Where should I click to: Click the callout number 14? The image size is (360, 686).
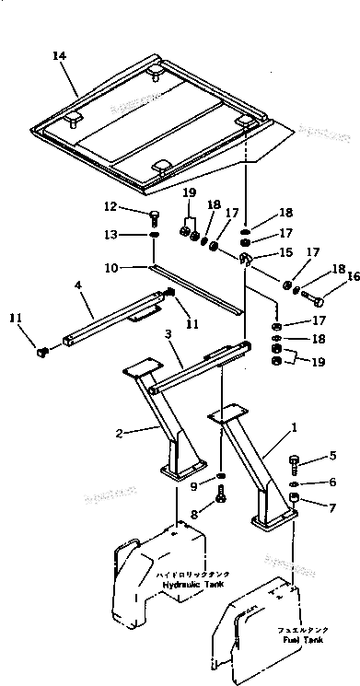pos(60,57)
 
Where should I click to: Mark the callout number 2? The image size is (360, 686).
pos(120,431)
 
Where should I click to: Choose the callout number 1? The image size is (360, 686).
pos(293,427)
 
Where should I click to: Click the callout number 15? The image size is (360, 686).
pos(287,251)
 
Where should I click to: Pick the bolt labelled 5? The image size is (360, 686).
pos(293,461)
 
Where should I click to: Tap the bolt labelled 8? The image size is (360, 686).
pos(221,498)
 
